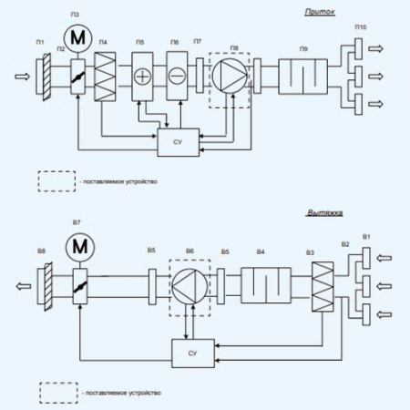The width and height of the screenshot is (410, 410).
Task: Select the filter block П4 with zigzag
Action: (x=108, y=70)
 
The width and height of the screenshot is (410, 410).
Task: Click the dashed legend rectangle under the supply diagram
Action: (x=56, y=181)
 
